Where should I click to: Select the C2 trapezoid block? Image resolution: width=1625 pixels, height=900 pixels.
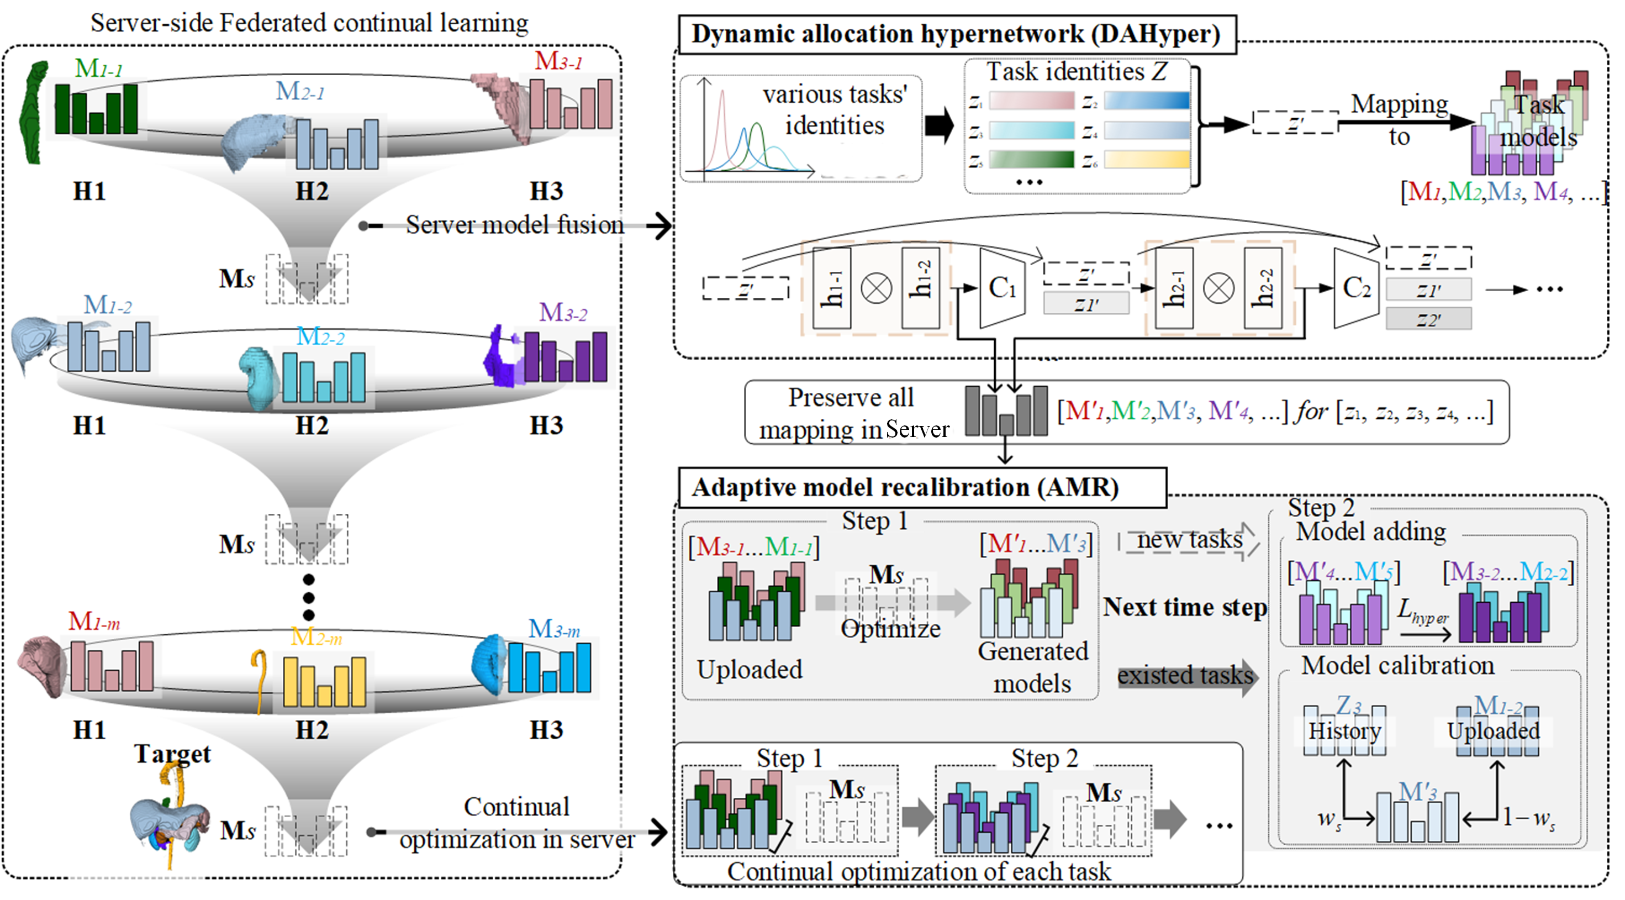(1355, 288)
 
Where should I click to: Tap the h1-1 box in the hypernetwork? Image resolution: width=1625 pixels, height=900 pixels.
(831, 288)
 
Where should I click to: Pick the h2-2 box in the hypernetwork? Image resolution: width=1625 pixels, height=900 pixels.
(1262, 288)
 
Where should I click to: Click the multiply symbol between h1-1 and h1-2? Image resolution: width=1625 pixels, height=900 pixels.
(876, 288)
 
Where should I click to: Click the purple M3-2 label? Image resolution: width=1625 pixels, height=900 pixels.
(563, 312)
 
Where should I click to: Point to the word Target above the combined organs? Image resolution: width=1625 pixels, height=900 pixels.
(172, 753)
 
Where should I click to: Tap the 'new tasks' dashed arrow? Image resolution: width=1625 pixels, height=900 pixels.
(1189, 541)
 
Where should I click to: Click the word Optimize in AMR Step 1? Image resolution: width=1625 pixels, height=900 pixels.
(890, 629)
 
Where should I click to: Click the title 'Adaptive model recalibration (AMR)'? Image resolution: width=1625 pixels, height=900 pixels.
(905, 487)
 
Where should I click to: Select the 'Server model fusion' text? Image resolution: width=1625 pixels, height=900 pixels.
(514, 225)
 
